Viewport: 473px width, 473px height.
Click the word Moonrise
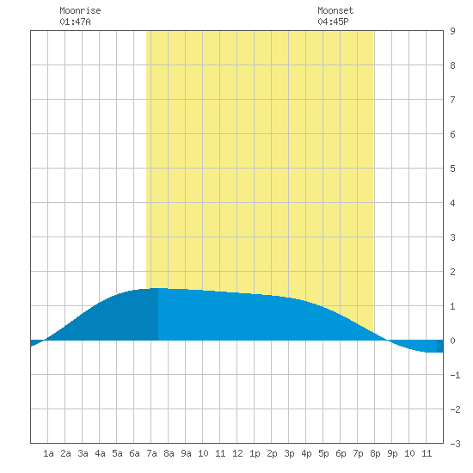click(x=80, y=10)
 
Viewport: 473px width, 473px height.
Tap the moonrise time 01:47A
click(x=75, y=21)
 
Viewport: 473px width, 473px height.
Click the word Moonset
click(x=335, y=10)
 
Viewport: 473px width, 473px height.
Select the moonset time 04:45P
click(x=333, y=21)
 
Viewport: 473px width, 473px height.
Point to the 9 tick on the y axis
click(x=452, y=31)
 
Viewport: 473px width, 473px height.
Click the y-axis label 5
click(x=452, y=169)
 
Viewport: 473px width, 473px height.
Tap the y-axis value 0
click(x=452, y=341)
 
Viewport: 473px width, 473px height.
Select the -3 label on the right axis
click(x=455, y=444)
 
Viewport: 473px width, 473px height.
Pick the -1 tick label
click(x=455, y=375)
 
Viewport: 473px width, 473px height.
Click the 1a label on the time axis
click(x=48, y=453)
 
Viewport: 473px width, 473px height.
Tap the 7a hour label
click(x=151, y=453)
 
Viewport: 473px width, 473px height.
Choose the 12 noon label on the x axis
click(x=237, y=453)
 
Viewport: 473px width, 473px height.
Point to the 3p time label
click(x=289, y=453)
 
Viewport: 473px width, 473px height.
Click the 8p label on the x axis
click(x=375, y=453)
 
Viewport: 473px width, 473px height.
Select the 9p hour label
click(x=392, y=453)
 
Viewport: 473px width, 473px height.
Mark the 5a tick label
click(x=117, y=453)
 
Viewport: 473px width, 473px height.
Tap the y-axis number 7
click(x=452, y=100)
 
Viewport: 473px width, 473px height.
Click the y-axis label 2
click(x=452, y=272)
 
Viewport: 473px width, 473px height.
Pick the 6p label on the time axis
click(x=341, y=453)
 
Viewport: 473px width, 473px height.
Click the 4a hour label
click(x=100, y=453)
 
